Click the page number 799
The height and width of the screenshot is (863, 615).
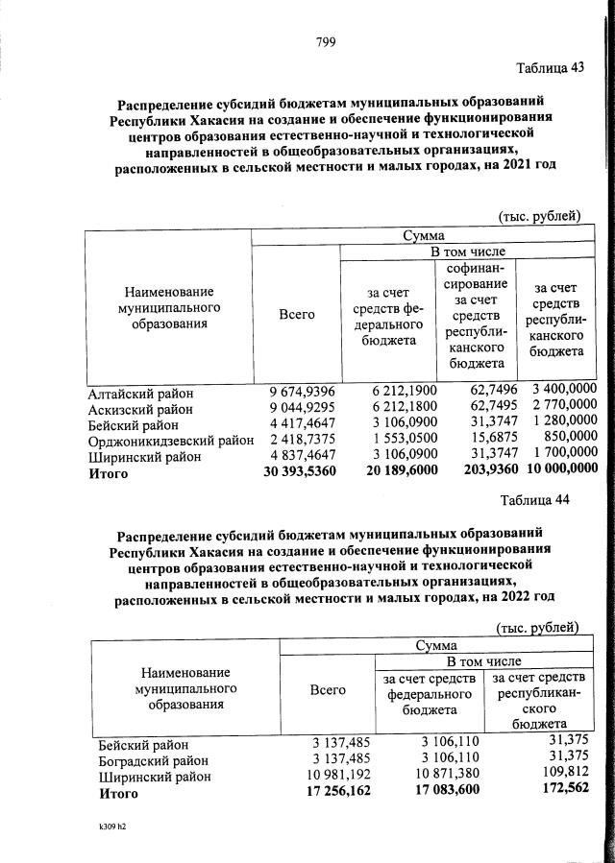pyautogui.click(x=324, y=41)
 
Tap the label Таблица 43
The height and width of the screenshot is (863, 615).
pyautogui.click(x=549, y=68)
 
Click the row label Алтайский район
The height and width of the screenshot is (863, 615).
pyautogui.click(x=140, y=393)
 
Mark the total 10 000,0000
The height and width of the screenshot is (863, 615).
pyautogui.click(x=554, y=473)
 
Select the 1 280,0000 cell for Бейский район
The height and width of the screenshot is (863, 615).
pyautogui.click(x=554, y=425)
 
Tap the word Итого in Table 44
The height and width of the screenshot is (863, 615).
pyautogui.click(x=118, y=794)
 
